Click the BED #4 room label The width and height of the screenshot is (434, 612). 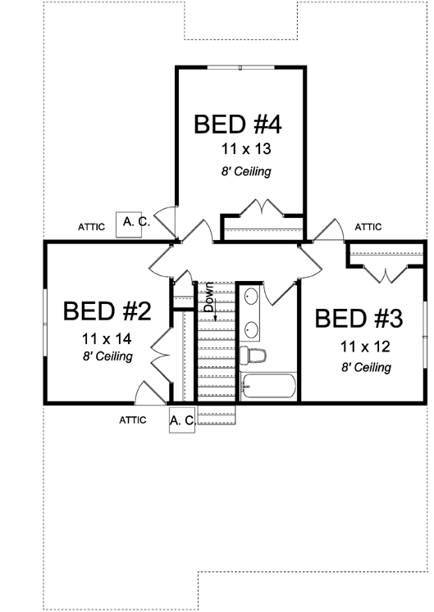pyautogui.click(x=238, y=125)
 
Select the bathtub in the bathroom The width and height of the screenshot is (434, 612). pyautogui.click(x=268, y=387)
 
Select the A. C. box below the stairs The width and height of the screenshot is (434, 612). pyautogui.click(x=182, y=420)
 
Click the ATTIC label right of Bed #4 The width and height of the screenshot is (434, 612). pyautogui.click(x=368, y=227)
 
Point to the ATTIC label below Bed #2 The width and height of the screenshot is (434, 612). pyautogui.click(x=133, y=419)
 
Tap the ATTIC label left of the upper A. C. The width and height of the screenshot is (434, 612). pyautogui.click(x=91, y=227)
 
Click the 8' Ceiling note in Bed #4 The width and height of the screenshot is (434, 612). pyautogui.click(x=245, y=172)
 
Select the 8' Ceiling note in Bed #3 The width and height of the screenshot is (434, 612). pyautogui.click(x=366, y=367)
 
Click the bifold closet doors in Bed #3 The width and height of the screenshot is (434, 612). pyautogui.click(x=379, y=273)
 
